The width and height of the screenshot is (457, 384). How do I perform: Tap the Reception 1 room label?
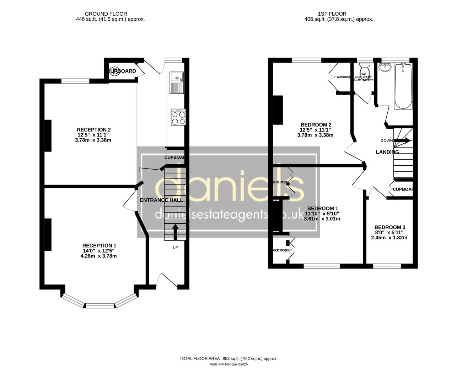point(99,246)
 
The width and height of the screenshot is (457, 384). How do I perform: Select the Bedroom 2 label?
point(316,125)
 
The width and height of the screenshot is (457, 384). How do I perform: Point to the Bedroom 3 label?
point(389,227)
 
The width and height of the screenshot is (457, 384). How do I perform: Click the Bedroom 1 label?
point(323,208)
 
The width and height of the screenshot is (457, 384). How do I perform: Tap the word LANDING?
point(387,152)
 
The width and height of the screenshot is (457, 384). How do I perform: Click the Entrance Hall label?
point(161,200)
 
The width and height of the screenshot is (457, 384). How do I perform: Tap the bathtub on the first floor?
point(403,86)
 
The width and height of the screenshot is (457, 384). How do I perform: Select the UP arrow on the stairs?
point(175,231)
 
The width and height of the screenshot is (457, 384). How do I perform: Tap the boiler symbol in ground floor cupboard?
point(115,71)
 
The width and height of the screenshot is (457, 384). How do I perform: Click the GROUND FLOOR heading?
point(111,14)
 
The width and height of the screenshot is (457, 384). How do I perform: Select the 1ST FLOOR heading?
point(339,14)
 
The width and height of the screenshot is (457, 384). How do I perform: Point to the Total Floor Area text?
point(228,359)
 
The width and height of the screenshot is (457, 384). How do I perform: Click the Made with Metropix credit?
point(228,364)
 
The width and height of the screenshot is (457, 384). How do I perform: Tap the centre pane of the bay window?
point(100,305)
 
